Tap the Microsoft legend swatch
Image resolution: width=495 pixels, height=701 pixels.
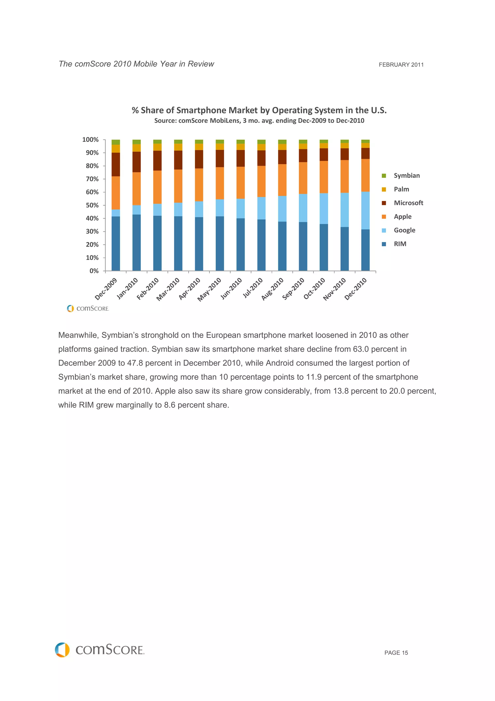[384, 203]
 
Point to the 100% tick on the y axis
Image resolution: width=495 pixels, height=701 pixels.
[90, 140]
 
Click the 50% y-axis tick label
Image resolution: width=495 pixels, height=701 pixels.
[92, 205]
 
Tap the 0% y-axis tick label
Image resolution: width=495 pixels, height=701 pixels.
[94, 271]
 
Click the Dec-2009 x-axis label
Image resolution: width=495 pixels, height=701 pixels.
[106, 289]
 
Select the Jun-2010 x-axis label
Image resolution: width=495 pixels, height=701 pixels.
[231, 289]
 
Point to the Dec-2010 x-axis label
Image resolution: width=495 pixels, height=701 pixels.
[356, 289]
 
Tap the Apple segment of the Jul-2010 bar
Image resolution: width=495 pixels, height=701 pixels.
[261, 181]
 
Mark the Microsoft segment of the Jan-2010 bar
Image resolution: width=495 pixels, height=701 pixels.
[136, 162]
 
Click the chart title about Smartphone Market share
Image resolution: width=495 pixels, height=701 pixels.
[259, 110]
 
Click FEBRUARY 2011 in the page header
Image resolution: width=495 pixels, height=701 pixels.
[401, 65]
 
